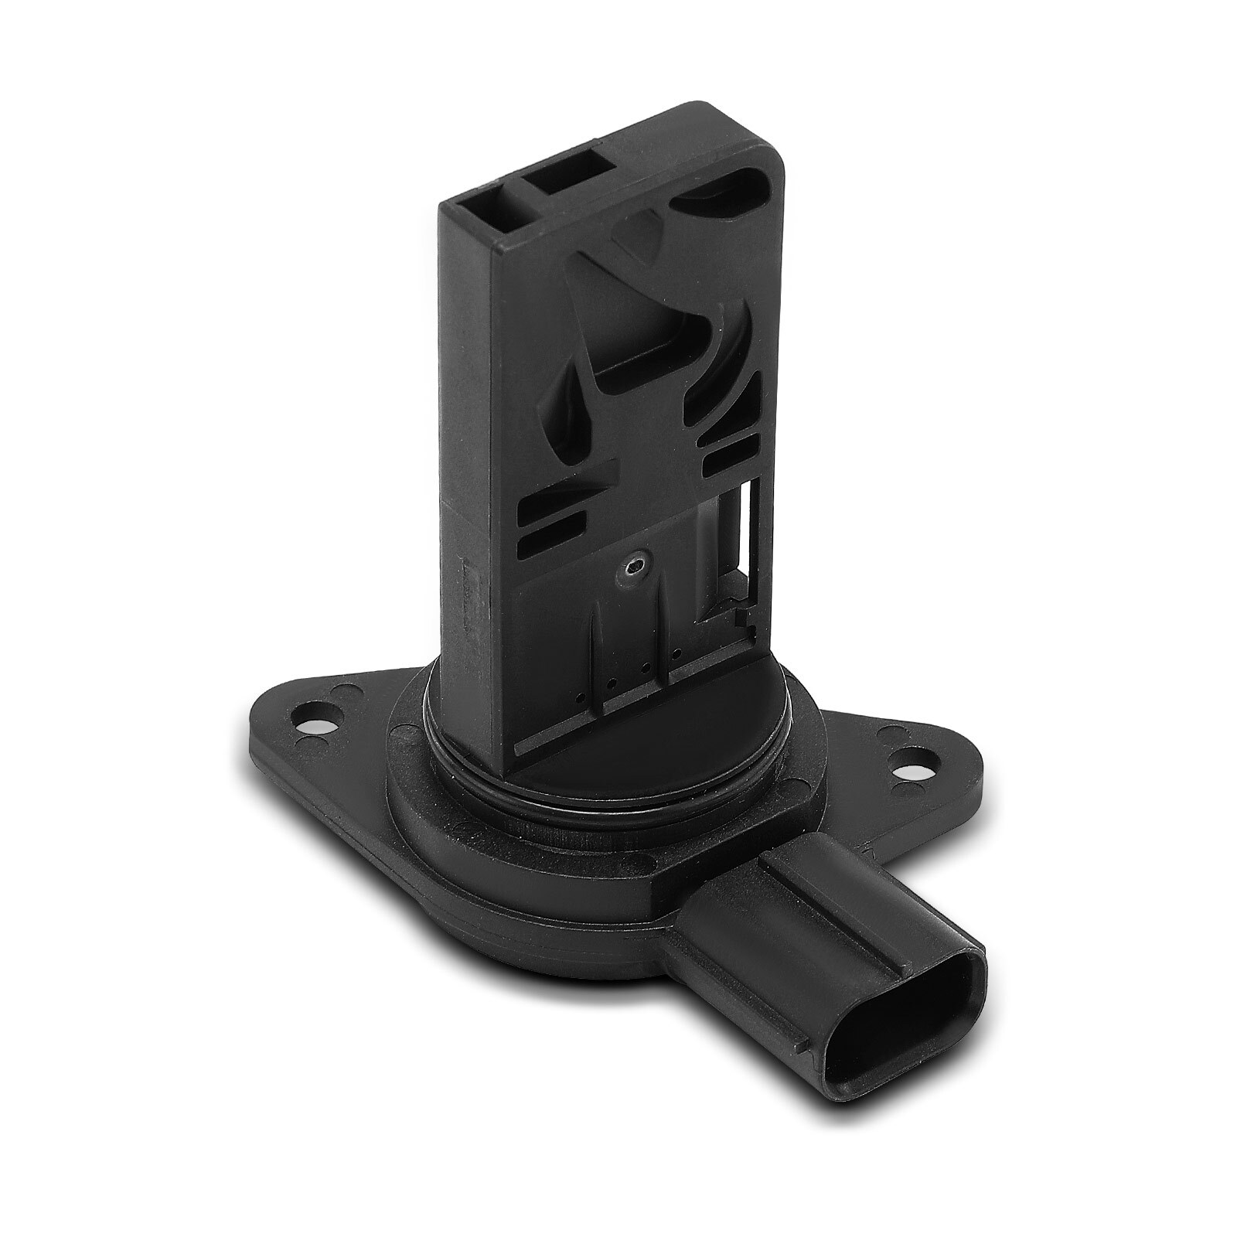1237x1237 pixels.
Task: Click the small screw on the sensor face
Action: point(636,567)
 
